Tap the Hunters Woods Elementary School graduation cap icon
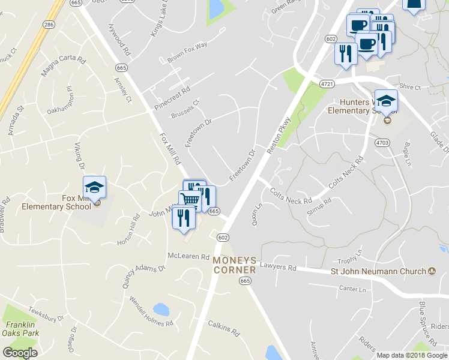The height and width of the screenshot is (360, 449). (386, 101)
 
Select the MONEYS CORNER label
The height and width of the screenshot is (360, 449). (235, 265)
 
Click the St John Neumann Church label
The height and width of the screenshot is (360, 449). (379, 271)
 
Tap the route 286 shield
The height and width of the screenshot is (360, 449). (48, 25)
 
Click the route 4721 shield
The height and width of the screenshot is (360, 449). (327, 83)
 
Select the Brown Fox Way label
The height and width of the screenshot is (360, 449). (187, 52)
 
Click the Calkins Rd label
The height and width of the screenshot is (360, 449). (223, 332)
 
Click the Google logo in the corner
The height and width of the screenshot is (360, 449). (20, 352)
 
